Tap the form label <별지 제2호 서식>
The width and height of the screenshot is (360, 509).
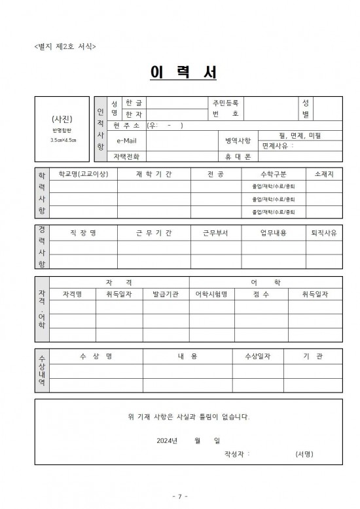coord(64,46)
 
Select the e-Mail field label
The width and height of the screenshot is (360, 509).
coord(126,141)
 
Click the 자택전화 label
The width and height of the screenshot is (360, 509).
coord(126,156)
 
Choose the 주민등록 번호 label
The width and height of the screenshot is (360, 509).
coord(226,108)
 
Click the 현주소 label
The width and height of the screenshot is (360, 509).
coord(126,125)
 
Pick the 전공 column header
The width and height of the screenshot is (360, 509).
coord(215,174)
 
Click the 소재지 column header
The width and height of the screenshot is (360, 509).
coord(324,174)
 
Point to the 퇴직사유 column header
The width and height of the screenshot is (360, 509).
coord(324,233)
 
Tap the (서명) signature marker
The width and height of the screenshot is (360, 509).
coord(304,453)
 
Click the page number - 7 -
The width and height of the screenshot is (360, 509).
coord(179,497)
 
